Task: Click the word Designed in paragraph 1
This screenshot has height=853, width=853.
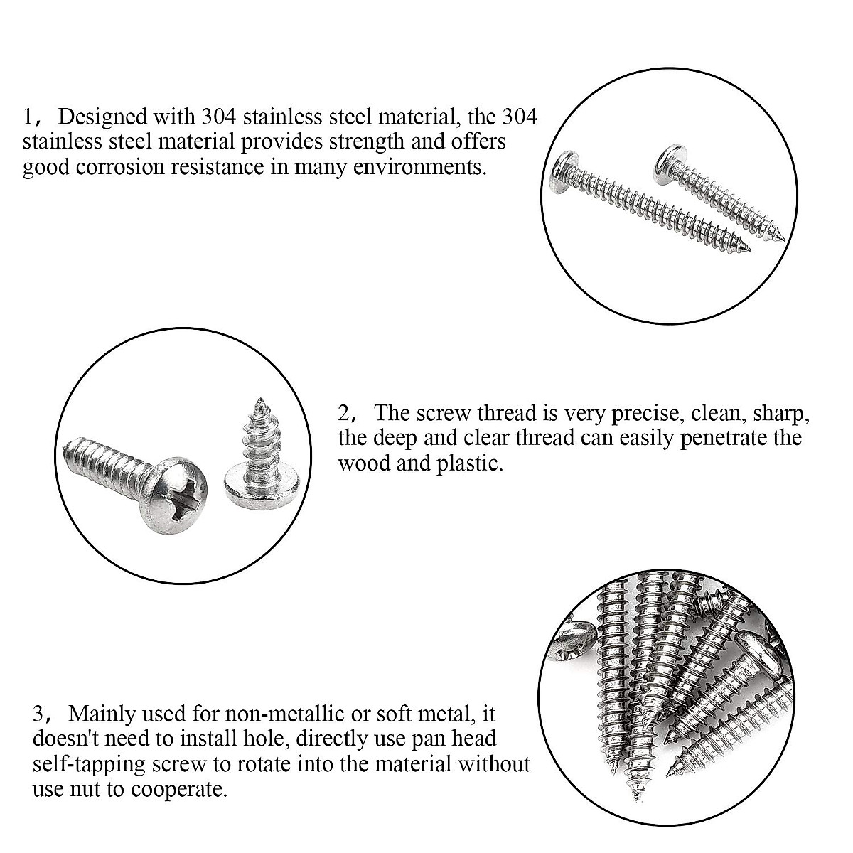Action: click(x=104, y=116)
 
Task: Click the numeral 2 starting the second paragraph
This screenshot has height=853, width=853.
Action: click(x=344, y=413)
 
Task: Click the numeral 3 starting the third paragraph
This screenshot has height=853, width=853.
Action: click(x=39, y=713)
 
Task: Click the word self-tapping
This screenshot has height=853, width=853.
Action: click(x=86, y=765)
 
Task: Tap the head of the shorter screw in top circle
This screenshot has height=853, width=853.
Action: click(x=665, y=160)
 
